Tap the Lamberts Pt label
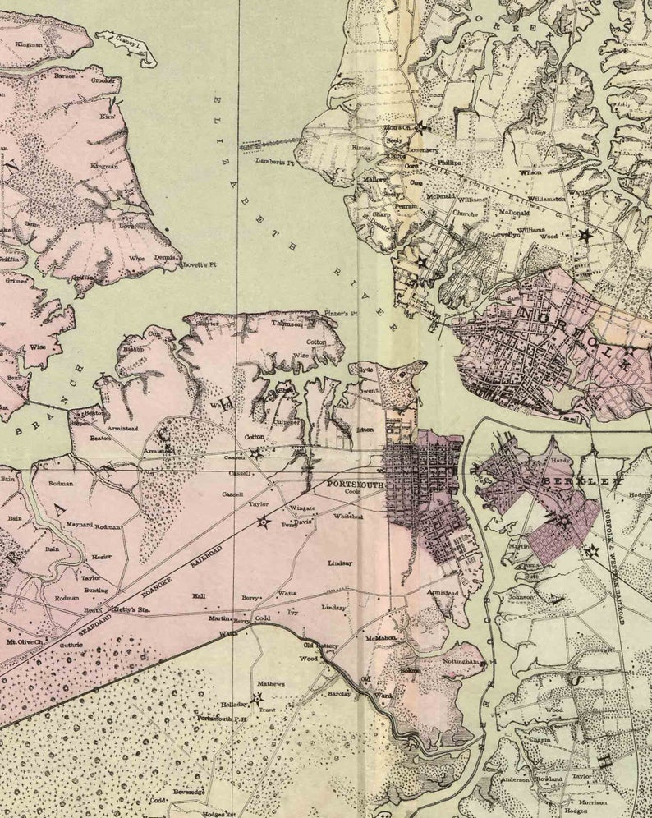click(274, 162)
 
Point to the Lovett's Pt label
click(200, 264)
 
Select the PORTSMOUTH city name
click(356, 484)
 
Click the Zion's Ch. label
click(397, 128)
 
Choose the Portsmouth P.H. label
click(222, 718)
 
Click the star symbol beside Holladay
click(257, 698)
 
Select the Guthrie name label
click(70, 645)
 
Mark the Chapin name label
click(540, 739)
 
